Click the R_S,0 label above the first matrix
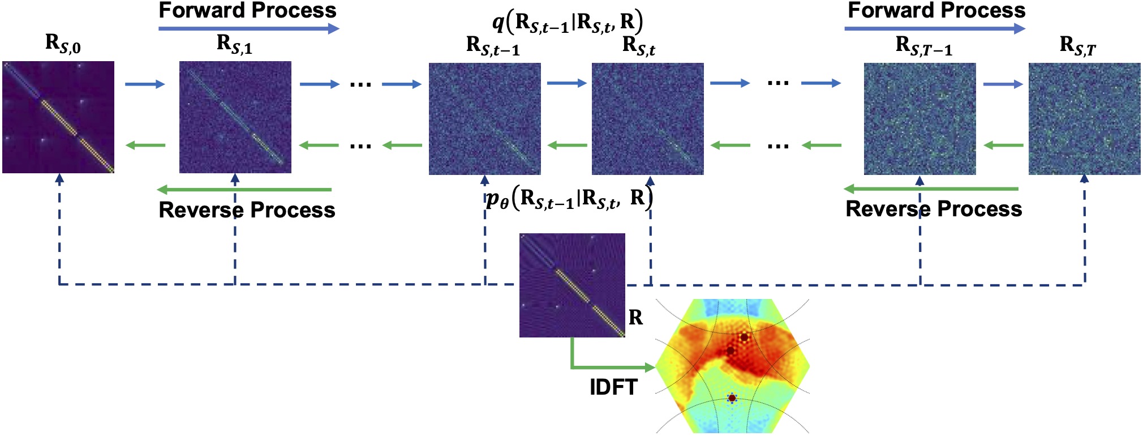[63, 44]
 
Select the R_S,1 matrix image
[235, 117]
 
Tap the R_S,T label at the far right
[1077, 45]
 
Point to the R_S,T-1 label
[923, 46]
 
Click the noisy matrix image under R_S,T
[1084, 118]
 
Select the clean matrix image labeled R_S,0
[58, 117]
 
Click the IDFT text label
[613, 387]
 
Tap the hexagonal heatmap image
[733, 366]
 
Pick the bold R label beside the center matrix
[635, 318]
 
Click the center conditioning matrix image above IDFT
[572, 285]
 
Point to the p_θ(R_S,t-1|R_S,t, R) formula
[569, 198]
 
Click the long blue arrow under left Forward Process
[248, 28]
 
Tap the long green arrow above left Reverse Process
[244, 189]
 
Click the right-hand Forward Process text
[936, 10]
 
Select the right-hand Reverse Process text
[934, 209]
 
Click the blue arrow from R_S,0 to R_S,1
[145, 84]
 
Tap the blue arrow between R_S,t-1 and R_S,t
[566, 83]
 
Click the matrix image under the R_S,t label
[648, 118]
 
